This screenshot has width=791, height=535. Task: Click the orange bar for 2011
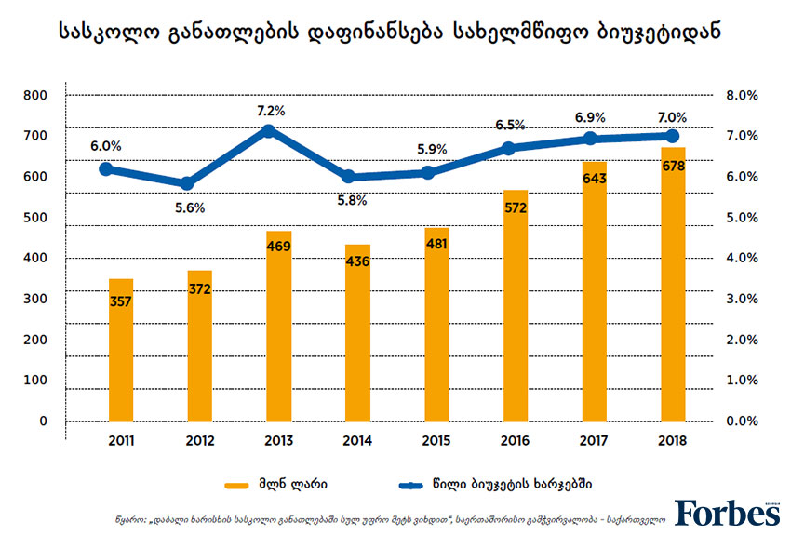tap(120, 349)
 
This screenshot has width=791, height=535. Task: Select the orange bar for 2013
tap(279, 326)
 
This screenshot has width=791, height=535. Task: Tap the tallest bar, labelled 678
tap(673, 284)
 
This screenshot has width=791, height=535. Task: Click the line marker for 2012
tap(188, 184)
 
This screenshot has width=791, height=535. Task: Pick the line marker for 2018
tap(674, 136)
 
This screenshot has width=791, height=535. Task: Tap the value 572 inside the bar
tap(515, 207)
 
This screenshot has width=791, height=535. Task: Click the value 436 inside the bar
tap(357, 261)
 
